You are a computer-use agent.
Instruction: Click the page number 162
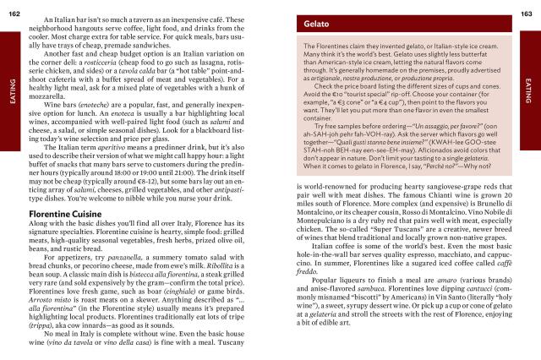(x=10, y=8)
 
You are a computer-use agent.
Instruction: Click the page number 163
(x=531, y=8)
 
